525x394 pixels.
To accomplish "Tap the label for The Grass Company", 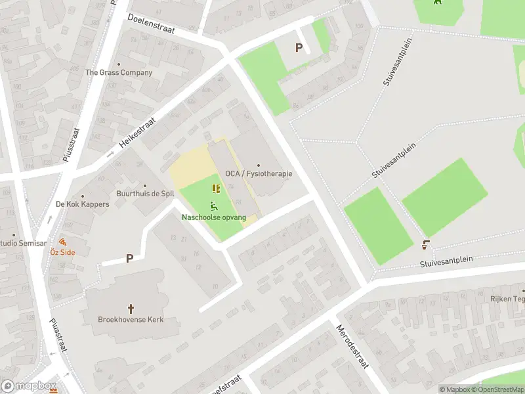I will pyautogui.click(x=119, y=73).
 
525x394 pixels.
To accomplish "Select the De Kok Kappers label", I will pyautogui.click(x=83, y=204).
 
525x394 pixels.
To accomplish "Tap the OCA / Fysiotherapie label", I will pyautogui.click(x=259, y=174).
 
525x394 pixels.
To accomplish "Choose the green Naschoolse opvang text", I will pyautogui.click(x=214, y=217).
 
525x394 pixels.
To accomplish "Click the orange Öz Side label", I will pyautogui.click(x=63, y=252).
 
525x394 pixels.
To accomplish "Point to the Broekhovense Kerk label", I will pyautogui.click(x=131, y=320).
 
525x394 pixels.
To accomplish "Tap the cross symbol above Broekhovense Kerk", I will pyautogui.click(x=131, y=308).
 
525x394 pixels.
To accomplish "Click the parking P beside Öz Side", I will pyautogui.click(x=129, y=259).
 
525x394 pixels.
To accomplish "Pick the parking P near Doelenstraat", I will pyautogui.click(x=299, y=47).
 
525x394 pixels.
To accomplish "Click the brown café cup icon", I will pyautogui.click(x=426, y=245).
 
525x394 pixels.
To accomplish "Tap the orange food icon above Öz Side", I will pyautogui.click(x=63, y=241).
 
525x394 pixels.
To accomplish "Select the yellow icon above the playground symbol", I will pyautogui.click(x=216, y=189).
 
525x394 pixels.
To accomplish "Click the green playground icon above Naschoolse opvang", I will pyautogui.click(x=214, y=206).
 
